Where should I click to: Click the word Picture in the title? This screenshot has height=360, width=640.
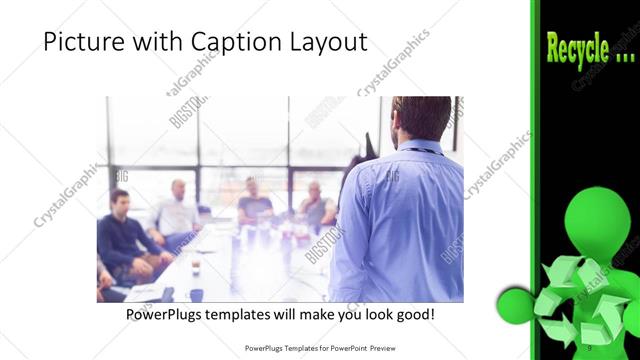(x=81, y=43)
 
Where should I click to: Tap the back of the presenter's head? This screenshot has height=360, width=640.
(x=421, y=117)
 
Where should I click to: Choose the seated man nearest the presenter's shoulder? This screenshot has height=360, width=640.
(x=317, y=205)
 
